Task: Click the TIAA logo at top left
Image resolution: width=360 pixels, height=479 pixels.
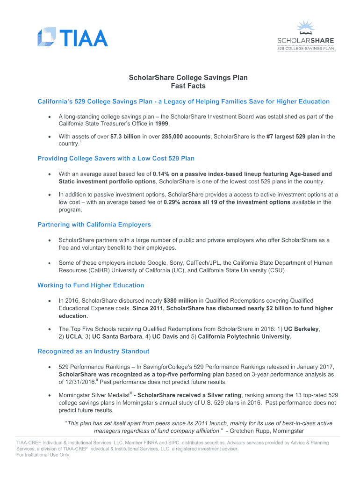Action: coord(72,37)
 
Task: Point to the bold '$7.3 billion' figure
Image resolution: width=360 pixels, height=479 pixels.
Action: coord(126,137)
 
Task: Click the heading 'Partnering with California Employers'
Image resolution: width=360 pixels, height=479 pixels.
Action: coord(94,225)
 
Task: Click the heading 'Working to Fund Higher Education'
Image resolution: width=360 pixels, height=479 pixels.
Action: coord(91,285)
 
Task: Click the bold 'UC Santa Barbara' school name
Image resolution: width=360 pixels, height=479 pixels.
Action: coord(117,336)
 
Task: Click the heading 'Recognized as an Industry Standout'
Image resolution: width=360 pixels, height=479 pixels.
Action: coord(94,351)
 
